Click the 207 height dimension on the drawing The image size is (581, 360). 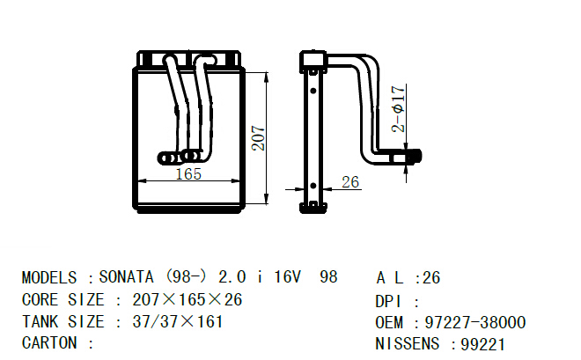(258, 138)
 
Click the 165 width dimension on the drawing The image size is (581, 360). (188, 173)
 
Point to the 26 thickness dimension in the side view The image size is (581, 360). (350, 182)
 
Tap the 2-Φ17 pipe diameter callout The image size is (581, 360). (398, 109)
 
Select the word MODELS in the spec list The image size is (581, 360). (49, 278)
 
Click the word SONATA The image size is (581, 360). (126, 277)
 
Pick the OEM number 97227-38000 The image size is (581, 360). (475, 323)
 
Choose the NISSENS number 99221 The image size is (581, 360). (482, 344)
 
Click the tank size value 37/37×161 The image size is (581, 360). (178, 321)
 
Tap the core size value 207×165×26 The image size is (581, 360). (188, 299)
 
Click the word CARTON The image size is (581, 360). (49, 343)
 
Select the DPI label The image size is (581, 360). (388, 302)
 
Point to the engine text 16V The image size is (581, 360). (287, 277)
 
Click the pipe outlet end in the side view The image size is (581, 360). (415, 157)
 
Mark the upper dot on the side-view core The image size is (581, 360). (313, 91)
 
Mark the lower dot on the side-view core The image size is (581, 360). (313, 186)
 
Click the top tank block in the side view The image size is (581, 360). (313, 59)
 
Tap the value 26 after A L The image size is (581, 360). (431, 278)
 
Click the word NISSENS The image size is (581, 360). (408, 343)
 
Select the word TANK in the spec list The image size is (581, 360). (40, 321)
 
